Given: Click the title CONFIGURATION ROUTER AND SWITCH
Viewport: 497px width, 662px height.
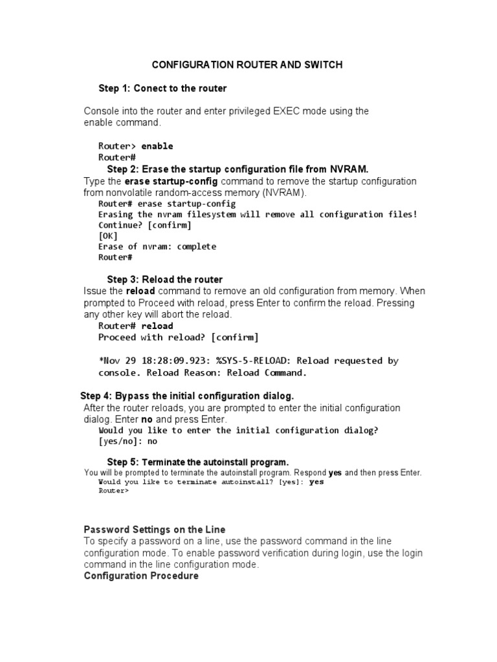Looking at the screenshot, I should click(x=247, y=65).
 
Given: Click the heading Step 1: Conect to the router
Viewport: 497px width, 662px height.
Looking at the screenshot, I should click(x=162, y=88).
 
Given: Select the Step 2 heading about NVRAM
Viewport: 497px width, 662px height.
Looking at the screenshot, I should click(x=237, y=169).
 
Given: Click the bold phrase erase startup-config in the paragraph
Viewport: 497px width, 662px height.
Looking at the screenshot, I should click(x=171, y=181).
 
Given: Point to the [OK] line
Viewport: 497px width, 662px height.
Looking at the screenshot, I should click(x=109, y=236).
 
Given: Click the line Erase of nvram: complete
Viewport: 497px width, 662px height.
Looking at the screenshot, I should click(x=157, y=246).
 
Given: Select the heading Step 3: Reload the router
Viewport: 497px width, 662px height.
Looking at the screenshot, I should click(x=164, y=279).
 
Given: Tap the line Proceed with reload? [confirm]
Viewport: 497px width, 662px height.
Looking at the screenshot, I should click(x=178, y=337).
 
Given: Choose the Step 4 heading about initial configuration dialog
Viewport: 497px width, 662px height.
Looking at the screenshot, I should click(x=187, y=396).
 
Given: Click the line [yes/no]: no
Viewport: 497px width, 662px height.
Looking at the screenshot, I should click(x=127, y=442).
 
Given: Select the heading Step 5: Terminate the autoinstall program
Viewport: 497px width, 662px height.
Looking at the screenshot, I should click(x=197, y=462).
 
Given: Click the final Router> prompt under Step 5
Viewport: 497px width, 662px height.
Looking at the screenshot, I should click(x=113, y=491).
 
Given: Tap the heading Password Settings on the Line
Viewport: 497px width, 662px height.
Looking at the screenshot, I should click(x=155, y=529).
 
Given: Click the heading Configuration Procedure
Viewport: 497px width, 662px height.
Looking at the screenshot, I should click(x=141, y=575).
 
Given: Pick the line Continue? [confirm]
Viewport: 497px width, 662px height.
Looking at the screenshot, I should click(x=145, y=225).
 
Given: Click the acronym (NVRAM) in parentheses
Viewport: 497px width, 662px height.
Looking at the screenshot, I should click(x=284, y=193).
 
